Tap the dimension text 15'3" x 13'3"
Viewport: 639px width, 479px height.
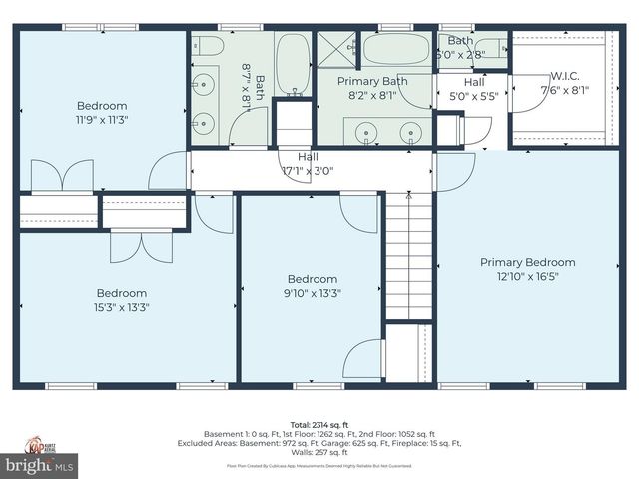(x=121, y=307)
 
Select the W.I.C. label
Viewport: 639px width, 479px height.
(x=564, y=75)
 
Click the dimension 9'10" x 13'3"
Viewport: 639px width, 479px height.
(x=313, y=293)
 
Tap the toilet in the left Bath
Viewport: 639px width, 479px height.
(x=207, y=46)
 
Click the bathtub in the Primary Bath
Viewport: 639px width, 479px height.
(x=395, y=49)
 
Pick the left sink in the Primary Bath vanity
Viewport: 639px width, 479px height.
(x=366, y=131)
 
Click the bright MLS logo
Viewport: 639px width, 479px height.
(x=40, y=464)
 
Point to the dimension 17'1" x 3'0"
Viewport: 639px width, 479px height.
(x=308, y=171)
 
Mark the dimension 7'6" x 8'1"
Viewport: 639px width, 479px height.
(x=564, y=89)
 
